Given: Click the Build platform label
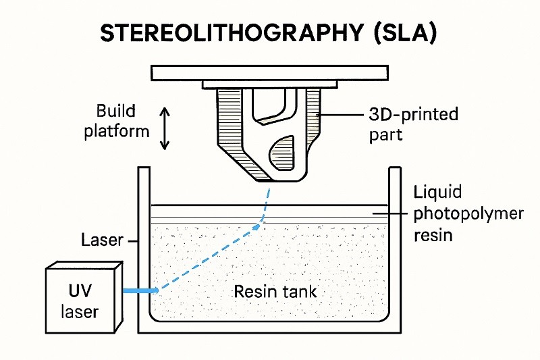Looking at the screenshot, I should click(x=117, y=121).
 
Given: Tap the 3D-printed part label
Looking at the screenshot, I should click(x=414, y=124).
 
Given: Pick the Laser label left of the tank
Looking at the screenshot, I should click(x=101, y=240).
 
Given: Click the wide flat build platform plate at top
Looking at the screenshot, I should click(x=270, y=72).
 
